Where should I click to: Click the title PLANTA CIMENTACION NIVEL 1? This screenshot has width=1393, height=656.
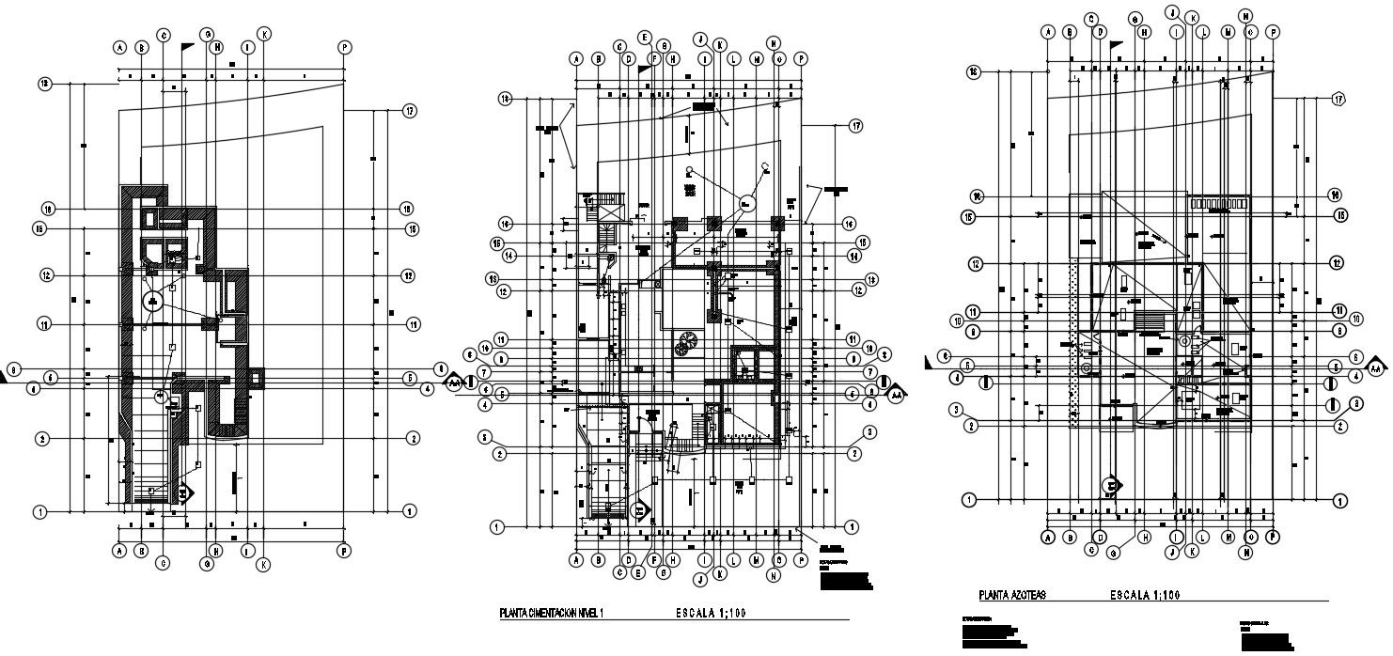551,614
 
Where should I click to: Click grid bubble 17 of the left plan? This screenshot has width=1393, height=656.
410,111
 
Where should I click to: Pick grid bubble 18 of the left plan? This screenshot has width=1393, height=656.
44,84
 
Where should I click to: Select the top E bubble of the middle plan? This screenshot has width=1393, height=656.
644,38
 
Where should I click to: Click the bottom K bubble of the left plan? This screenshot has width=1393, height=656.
265,564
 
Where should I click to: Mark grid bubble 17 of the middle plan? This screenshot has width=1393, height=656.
855,125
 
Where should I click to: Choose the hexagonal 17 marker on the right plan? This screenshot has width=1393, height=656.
1338,100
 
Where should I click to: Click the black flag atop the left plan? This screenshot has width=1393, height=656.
187,45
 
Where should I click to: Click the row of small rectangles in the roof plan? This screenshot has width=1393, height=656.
1218,203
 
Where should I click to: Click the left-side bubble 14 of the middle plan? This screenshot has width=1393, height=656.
509,256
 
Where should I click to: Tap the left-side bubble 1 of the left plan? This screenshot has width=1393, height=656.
40,511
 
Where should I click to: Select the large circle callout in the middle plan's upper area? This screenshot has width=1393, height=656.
747,202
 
